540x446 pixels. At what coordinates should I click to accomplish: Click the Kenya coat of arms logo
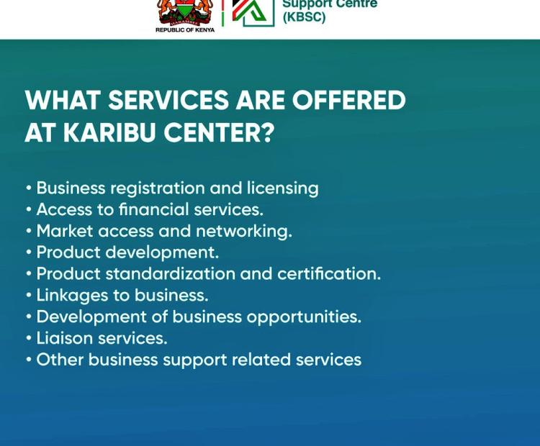184,12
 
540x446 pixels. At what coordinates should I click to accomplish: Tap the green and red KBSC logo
253,12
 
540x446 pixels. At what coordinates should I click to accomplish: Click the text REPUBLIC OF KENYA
185,29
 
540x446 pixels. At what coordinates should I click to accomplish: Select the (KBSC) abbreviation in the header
304,17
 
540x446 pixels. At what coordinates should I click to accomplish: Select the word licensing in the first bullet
282,188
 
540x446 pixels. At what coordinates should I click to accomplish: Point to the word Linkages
71,296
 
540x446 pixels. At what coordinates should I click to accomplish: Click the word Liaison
65,338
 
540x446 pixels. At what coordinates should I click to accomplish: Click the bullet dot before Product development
29,252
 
